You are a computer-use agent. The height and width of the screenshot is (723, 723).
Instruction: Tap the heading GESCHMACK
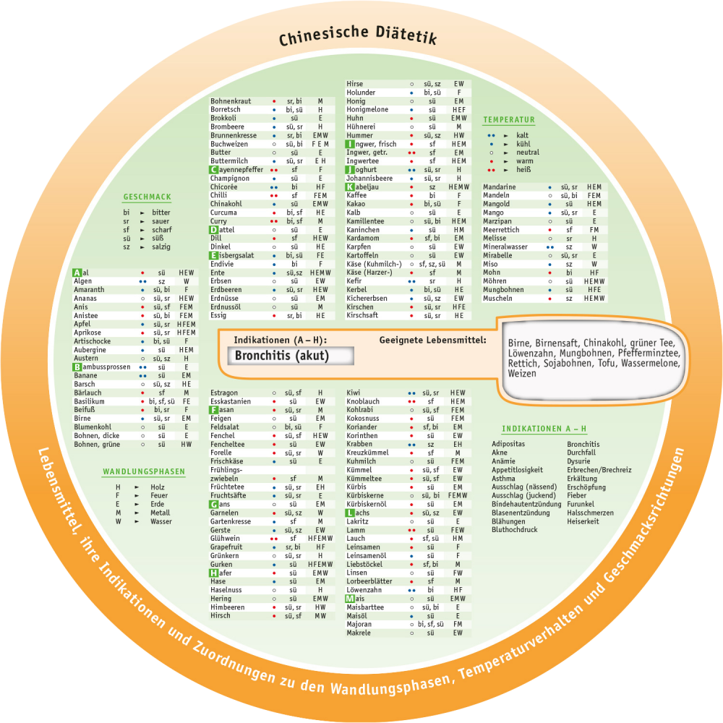click(x=147, y=197)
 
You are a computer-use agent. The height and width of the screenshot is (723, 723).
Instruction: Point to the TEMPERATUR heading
click(x=509, y=120)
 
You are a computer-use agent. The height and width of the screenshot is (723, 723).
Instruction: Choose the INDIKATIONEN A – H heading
click(x=544, y=429)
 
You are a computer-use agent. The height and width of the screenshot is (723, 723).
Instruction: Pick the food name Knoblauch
click(x=363, y=401)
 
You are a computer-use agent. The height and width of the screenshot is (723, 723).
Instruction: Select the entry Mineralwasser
click(x=505, y=247)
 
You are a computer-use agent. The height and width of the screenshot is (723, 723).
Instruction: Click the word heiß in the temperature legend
click(x=523, y=170)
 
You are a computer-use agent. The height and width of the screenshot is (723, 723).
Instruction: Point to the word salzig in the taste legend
click(x=161, y=247)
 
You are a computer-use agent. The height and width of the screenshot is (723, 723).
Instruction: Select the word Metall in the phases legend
click(x=161, y=513)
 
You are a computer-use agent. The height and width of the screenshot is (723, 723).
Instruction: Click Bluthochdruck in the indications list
click(x=514, y=530)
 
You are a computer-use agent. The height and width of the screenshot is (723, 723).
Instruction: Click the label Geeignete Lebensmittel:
click(x=432, y=339)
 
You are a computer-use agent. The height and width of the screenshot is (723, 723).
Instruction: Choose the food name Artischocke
click(x=92, y=341)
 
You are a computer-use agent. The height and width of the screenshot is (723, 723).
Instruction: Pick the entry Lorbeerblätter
click(x=369, y=581)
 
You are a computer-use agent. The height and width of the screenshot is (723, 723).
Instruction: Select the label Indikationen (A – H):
click(x=280, y=339)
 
